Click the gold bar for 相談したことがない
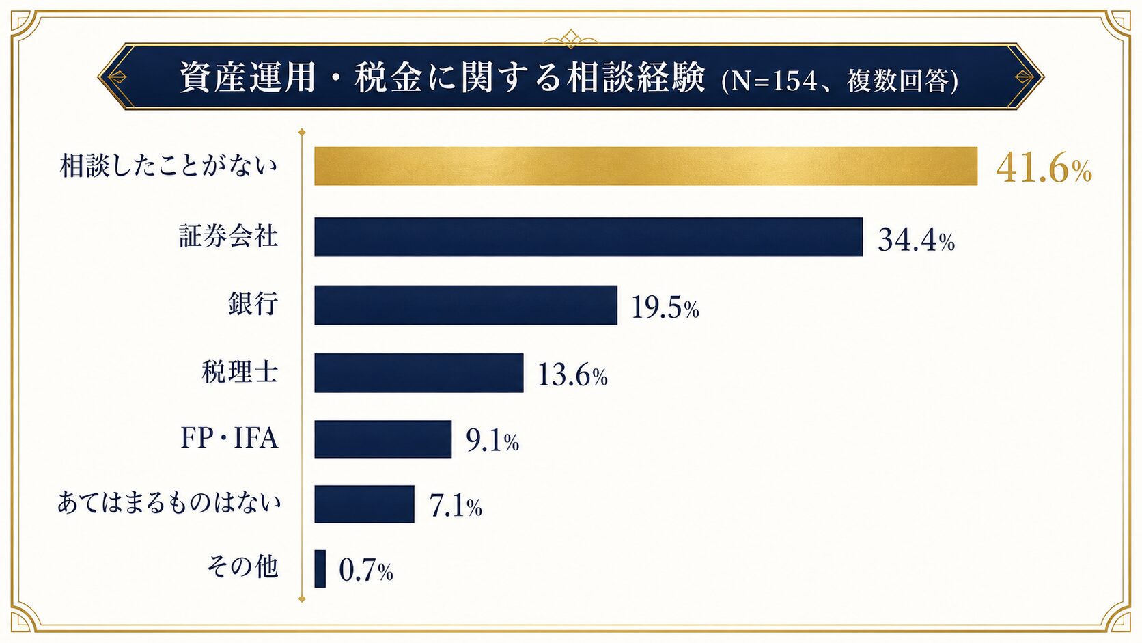pyautogui.click(x=645, y=166)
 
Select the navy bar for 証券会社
pyautogui.click(x=588, y=236)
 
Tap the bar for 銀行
pyautogui.click(x=465, y=305)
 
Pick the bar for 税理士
pyautogui.click(x=419, y=372)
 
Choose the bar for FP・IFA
pyautogui.click(x=383, y=439)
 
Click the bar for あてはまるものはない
pyautogui.click(x=364, y=504)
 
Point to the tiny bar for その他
pyautogui.click(x=320, y=569)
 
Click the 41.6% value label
pyautogui.click(x=1044, y=169)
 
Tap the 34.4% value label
pyautogui.click(x=916, y=240)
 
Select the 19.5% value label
pyautogui.click(x=665, y=307)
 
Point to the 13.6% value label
pyautogui.click(x=572, y=376)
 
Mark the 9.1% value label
pyautogui.click(x=492, y=441)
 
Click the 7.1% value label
pyautogui.click(x=456, y=506)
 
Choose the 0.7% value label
pyautogui.click(x=366, y=571)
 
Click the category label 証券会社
pyautogui.click(x=229, y=236)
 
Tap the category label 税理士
pyautogui.click(x=240, y=372)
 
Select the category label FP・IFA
pyautogui.click(x=229, y=439)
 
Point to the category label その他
pyautogui.click(x=242, y=567)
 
